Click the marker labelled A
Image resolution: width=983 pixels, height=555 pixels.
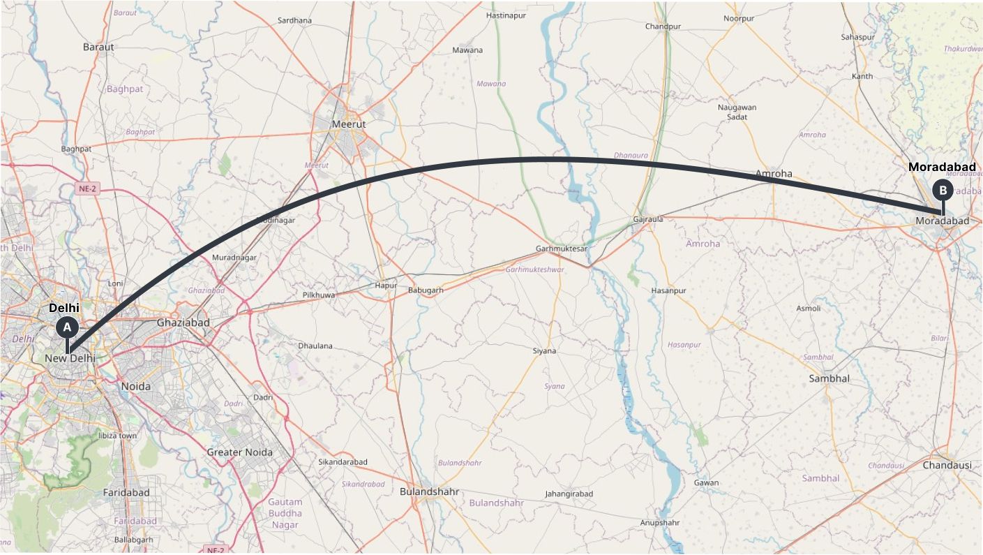click(67, 326)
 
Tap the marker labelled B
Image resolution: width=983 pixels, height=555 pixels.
click(943, 189)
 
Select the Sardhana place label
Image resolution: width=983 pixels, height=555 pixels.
click(294, 20)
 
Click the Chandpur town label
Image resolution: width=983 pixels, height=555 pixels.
click(663, 27)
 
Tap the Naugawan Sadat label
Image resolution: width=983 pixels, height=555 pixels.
click(737, 112)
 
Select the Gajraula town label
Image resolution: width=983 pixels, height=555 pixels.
click(647, 219)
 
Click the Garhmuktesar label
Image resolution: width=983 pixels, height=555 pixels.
click(561, 249)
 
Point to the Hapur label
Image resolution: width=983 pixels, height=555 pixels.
click(386, 285)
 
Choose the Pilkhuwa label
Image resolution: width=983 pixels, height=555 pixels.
click(319, 295)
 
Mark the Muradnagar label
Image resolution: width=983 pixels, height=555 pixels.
click(234, 257)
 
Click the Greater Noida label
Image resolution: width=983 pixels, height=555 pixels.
click(239, 452)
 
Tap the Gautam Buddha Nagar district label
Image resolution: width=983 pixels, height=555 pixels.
click(285, 513)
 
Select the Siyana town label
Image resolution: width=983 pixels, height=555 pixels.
click(544, 350)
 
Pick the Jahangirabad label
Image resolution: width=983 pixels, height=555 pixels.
click(569, 494)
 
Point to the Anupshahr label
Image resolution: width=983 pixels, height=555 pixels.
click(659, 522)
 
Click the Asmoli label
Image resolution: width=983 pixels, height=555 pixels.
click(809, 308)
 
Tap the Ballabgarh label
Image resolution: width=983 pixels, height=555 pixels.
click(133, 540)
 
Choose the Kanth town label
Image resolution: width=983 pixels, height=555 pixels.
click(862, 76)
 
